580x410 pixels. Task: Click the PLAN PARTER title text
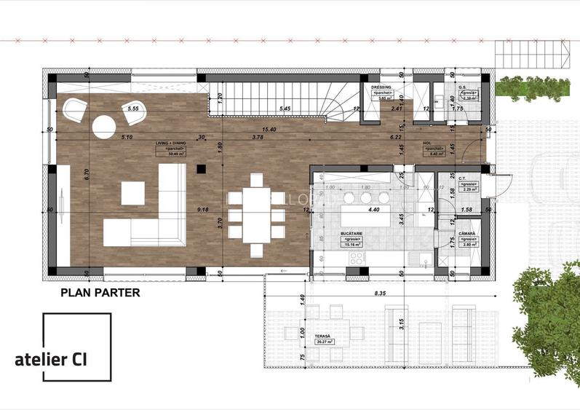pos(100,293)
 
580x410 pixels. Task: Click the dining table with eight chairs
pos(256,214)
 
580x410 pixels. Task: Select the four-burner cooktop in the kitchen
pos(357,258)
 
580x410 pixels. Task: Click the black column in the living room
pos(200,168)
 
